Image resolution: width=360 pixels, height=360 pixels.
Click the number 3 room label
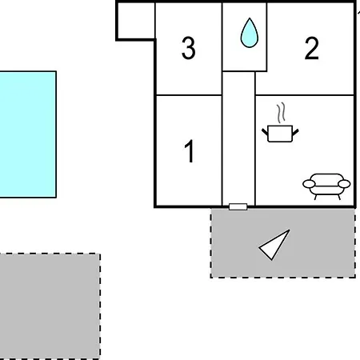point(188,48)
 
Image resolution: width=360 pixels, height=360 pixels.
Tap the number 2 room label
point(311,48)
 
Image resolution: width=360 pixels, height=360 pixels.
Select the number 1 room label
point(189,151)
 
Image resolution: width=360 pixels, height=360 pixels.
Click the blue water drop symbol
point(250,33)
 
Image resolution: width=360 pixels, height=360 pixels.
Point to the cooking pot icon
point(280,134)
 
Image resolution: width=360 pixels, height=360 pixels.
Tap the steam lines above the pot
point(281,113)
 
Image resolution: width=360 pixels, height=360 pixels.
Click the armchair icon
point(326,186)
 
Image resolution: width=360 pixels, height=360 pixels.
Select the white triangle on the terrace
point(274,245)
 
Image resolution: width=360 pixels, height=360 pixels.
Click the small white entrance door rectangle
point(238,206)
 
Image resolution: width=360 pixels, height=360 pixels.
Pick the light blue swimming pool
point(28,134)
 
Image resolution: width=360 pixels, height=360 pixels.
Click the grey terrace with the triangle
point(283,243)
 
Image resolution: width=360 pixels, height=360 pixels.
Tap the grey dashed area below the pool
point(50,306)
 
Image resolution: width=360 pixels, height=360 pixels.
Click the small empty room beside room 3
point(136,21)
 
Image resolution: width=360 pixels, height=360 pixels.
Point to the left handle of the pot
point(265,132)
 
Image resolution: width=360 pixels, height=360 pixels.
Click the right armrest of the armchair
point(344,184)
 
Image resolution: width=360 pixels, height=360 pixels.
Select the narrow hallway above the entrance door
point(238,138)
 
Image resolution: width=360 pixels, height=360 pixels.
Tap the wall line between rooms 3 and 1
point(189,94)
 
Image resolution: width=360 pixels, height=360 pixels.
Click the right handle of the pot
point(295,132)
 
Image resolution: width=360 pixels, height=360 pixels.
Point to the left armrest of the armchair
point(309,184)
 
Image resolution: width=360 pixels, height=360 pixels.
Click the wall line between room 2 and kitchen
point(305,94)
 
